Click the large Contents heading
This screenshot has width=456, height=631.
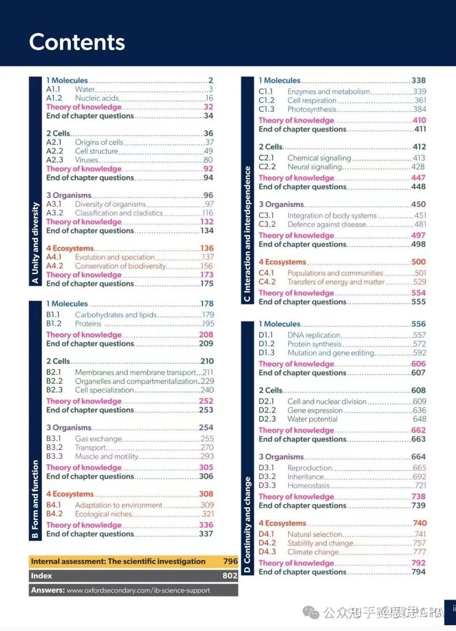click(77, 42)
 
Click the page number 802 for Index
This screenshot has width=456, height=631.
click(230, 576)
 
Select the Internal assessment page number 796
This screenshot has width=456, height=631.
click(230, 561)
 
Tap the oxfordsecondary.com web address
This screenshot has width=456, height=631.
click(138, 591)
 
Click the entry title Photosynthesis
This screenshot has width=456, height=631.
click(312, 109)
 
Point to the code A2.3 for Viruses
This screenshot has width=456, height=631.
click(54, 160)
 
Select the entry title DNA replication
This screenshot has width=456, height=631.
click(313, 335)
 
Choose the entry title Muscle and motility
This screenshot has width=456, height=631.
click(106, 456)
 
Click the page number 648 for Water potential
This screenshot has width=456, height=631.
click(419, 419)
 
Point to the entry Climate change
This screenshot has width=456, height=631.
click(313, 552)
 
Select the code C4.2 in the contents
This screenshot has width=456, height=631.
click(267, 282)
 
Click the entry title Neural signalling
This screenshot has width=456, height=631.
click(315, 167)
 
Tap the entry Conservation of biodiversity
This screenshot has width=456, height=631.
click(120, 266)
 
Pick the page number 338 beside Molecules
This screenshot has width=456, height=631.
click(418, 80)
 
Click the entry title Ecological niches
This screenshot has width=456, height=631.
click(103, 514)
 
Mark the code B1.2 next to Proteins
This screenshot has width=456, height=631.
click(54, 324)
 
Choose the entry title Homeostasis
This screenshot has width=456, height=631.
click(308, 485)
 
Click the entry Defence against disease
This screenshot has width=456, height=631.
click(326, 224)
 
